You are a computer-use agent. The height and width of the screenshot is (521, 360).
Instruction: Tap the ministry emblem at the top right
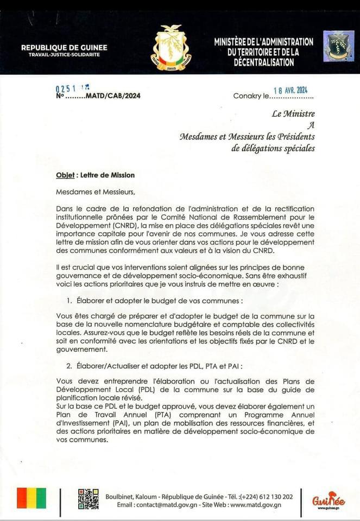[338, 46]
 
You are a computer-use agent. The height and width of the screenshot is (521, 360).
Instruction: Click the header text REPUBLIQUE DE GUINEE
[64, 48]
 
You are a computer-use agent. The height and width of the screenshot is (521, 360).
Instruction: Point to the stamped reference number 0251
[66, 88]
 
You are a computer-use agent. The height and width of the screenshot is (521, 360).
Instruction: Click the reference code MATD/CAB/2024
[115, 96]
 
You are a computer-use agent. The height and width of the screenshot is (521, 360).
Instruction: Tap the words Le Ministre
[293, 114]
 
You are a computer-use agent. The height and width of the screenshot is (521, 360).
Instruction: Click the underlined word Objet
[65, 175]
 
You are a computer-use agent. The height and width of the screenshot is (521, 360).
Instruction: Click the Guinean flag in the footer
[31, 498]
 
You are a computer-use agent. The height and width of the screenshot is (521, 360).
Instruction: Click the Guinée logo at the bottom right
[329, 500]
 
